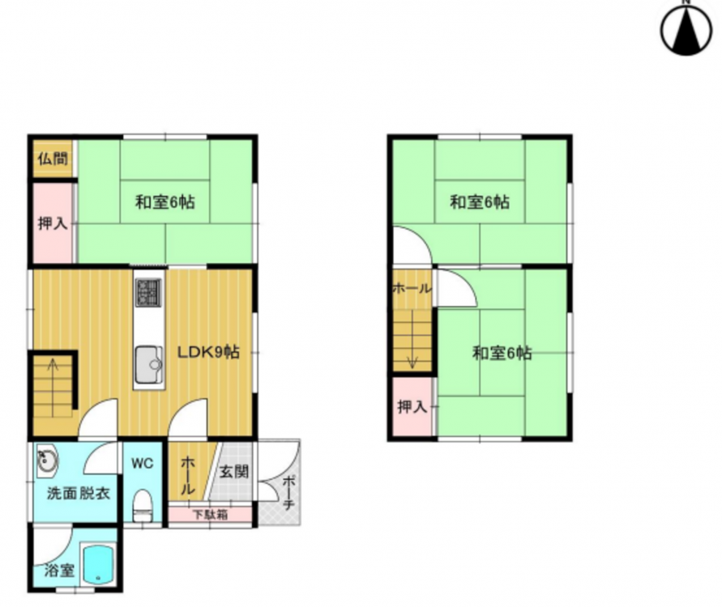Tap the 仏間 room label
[53, 159]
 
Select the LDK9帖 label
[208, 352]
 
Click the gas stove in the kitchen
[149, 293]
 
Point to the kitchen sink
[149, 365]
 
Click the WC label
[143, 463]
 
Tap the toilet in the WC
[143, 506]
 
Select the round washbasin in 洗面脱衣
[46, 461]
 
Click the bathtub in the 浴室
[99, 565]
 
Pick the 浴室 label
[59, 571]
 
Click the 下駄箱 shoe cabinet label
[210, 514]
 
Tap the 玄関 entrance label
[234, 471]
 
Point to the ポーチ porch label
[288, 493]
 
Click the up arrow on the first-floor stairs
[53, 387]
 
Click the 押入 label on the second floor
[412, 406]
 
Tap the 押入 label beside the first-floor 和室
[53, 223]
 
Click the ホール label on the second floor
[412, 289]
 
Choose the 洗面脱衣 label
[79, 494]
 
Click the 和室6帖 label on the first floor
[164, 202]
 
